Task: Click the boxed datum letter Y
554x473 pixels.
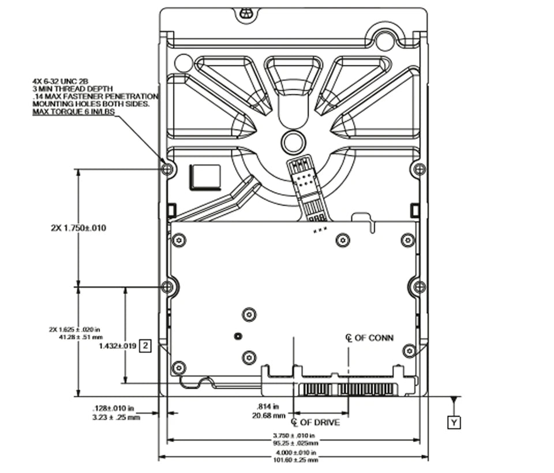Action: pos(455,423)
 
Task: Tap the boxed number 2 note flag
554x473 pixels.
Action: pos(146,346)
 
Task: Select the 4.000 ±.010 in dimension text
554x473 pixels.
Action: pos(294,453)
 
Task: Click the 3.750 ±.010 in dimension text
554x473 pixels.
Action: pos(294,436)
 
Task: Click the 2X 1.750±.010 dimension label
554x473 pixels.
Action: pos(78,228)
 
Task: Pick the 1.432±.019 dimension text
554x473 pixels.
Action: pos(117,346)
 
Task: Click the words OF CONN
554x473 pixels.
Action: pos(374,337)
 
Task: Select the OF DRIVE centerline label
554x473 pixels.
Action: pos(320,423)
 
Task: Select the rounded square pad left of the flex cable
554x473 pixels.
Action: pos(205,176)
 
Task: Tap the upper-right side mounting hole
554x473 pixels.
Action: pos(420,169)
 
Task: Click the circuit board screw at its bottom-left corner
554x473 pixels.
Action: pos(179,367)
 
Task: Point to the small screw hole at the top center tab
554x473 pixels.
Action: pos(246,12)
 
